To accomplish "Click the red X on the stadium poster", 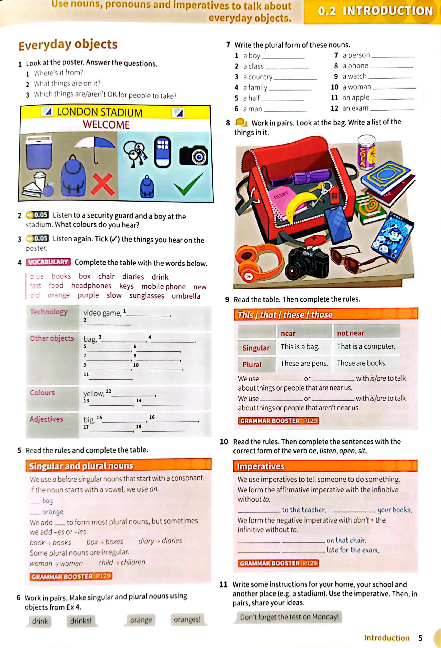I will (x=102, y=184).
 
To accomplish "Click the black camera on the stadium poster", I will (x=194, y=156).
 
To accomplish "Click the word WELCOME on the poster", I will (x=106, y=125).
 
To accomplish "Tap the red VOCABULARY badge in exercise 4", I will (x=48, y=262).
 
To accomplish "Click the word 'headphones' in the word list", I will (x=91, y=286).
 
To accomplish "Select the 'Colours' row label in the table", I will (x=42, y=393).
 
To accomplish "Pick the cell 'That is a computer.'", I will (x=366, y=346).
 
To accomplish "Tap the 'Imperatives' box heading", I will (x=260, y=466).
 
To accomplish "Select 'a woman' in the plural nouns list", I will (x=357, y=87).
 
